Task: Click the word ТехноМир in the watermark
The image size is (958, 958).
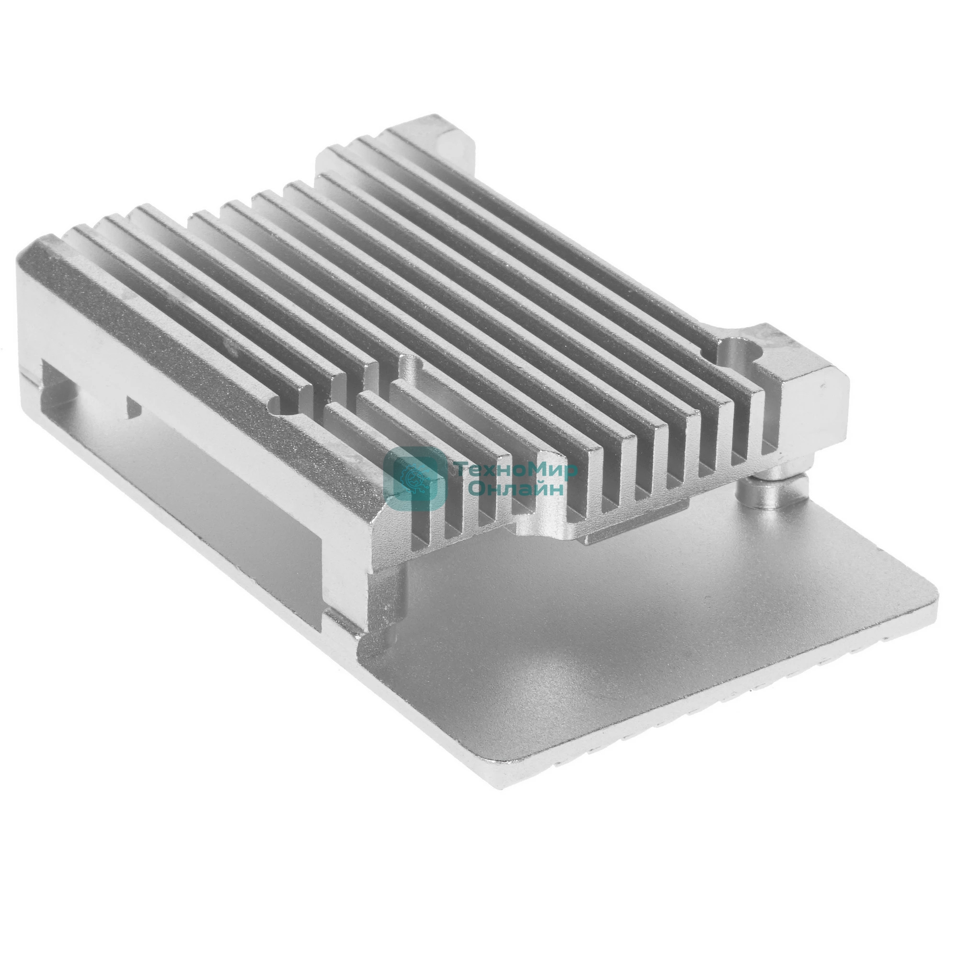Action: [516, 469]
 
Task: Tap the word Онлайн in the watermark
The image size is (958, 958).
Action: [516, 489]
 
